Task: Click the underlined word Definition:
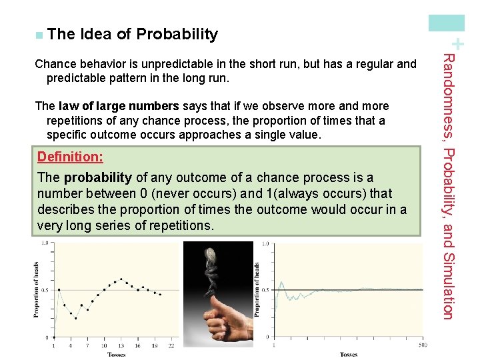point(70,157)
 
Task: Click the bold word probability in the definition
point(98,177)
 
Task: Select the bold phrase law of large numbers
point(119,106)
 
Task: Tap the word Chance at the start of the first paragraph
point(55,64)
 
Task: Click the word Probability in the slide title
point(177,34)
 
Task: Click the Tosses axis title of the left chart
point(116,355)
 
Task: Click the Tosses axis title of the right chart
point(348,355)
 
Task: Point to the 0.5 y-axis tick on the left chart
point(44,290)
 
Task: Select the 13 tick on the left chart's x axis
point(120,345)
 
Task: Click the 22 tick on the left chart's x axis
point(170,345)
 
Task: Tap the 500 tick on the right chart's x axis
point(422,345)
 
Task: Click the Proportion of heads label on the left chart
point(37,290)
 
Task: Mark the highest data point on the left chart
point(121,279)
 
